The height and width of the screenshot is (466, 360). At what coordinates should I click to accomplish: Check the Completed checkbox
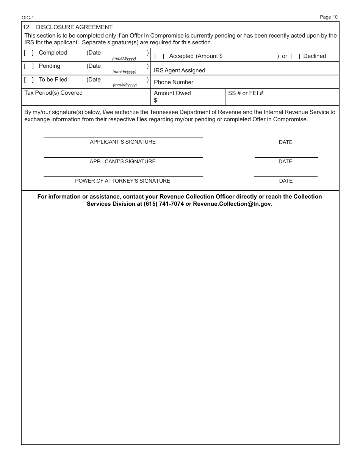point(29,53)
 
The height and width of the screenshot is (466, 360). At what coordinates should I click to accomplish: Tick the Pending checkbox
point(29,66)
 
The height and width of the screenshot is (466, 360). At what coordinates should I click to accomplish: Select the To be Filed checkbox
point(29,80)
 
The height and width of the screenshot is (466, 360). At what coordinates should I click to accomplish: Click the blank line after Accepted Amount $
point(250,56)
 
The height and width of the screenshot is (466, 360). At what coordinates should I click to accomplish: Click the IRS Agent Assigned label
point(179,70)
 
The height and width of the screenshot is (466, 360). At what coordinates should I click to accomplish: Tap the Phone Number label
point(174,82)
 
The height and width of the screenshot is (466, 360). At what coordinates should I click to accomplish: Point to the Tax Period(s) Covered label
point(53,93)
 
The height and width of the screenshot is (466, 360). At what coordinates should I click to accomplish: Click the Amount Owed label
point(172,93)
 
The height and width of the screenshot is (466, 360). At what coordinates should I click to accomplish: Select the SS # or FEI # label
point(246,93)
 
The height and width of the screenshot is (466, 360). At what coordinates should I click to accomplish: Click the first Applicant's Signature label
point(123,142)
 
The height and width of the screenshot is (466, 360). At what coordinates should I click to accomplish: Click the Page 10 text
point(329,17)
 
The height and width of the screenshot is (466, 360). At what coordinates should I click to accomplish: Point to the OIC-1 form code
point(28,18)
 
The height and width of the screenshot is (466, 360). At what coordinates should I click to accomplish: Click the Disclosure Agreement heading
point(74,27)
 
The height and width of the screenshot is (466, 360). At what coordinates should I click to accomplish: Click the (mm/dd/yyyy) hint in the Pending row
point(124,72)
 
